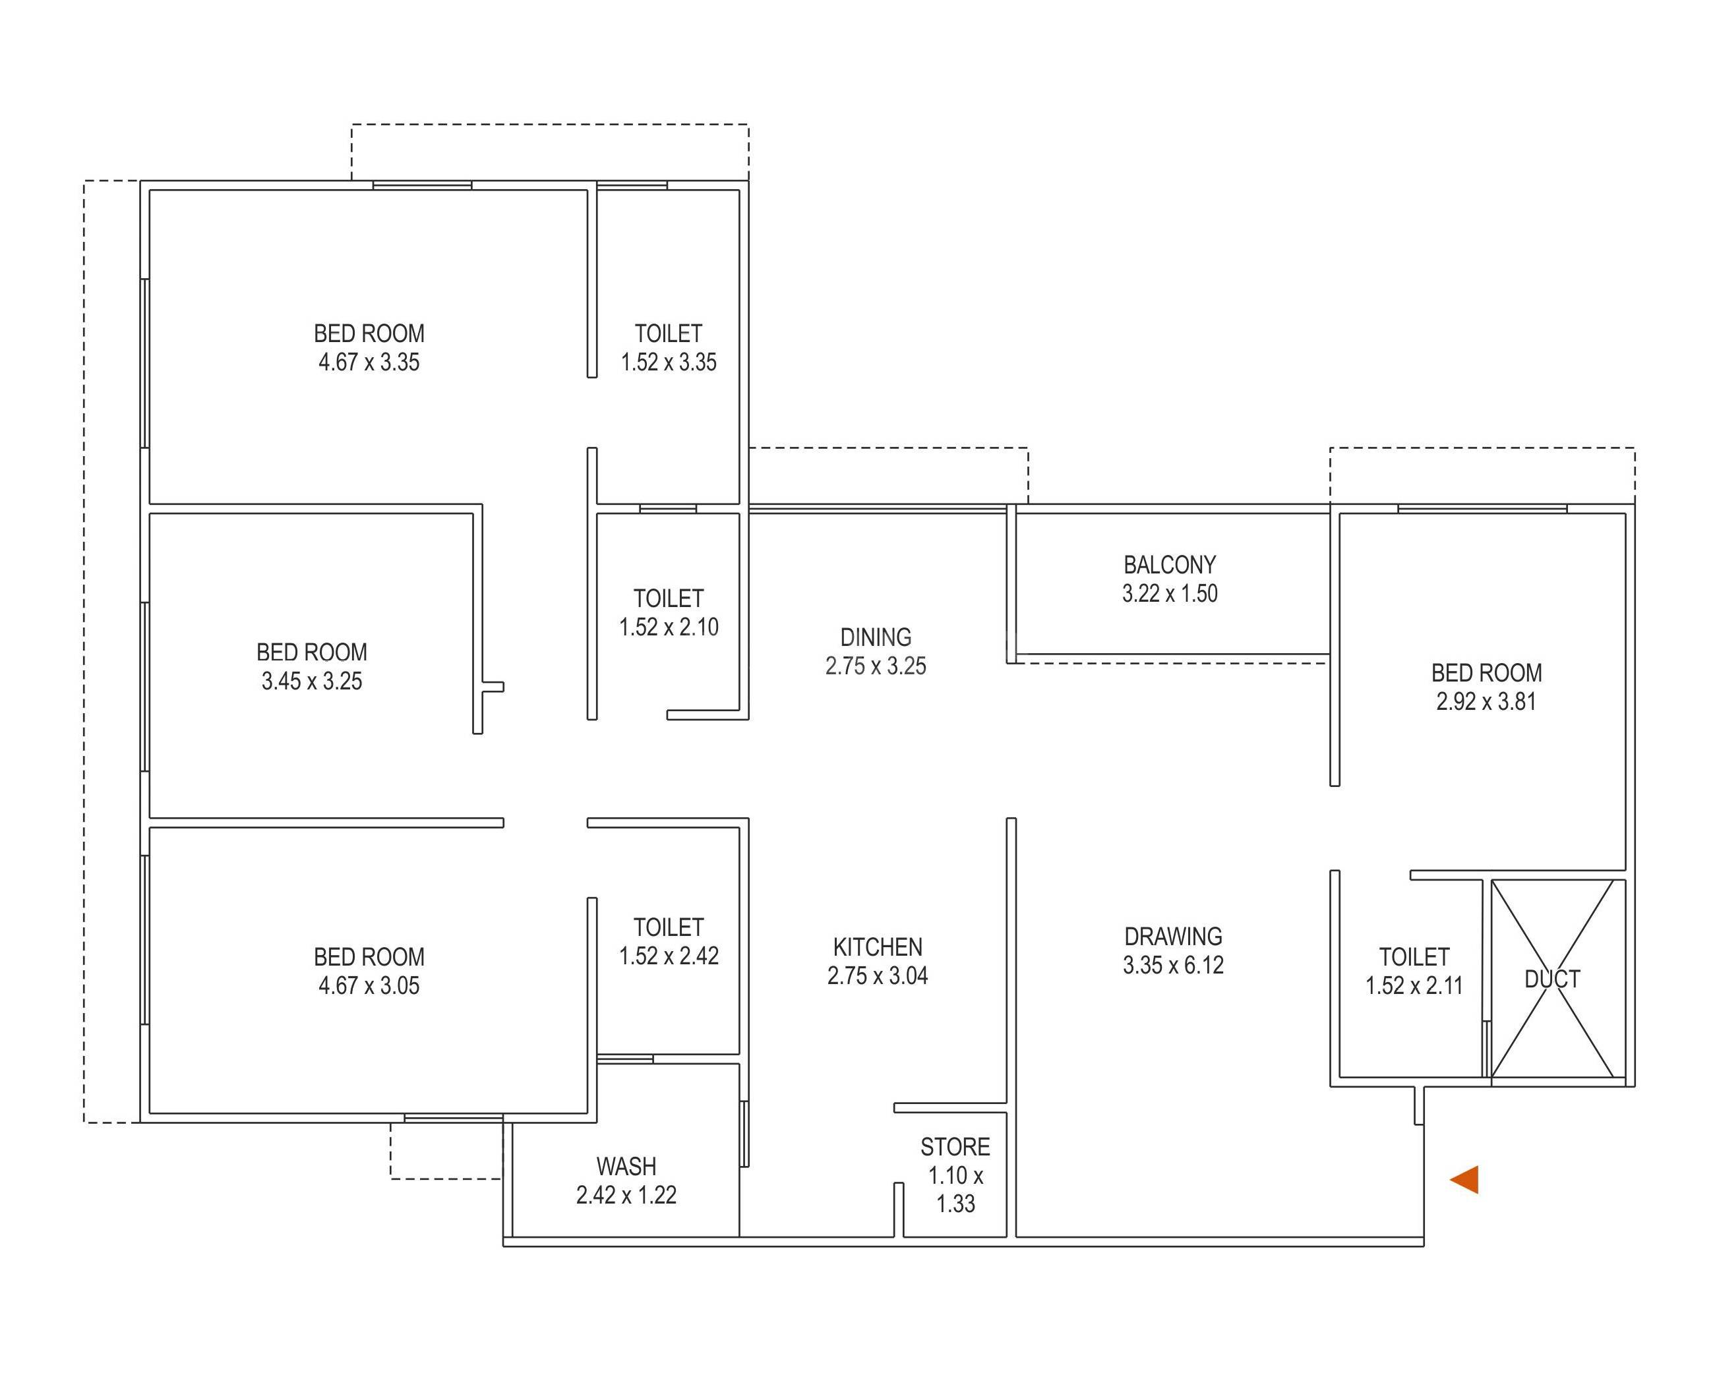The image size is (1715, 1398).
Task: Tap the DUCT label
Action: click(x=1551, y=979)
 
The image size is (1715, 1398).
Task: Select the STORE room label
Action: click(x=955, y=1147)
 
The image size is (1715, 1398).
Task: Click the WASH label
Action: click(x=626, y=1166)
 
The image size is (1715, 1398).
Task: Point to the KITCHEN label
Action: click(x=877, y=947)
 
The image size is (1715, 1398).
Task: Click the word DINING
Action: click(x=876, y=638)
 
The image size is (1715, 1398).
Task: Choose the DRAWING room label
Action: click(x=1173, y=937)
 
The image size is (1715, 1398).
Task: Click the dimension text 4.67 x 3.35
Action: click(x=369, y=363)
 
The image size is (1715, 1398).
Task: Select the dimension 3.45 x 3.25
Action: click(x=312, y=682)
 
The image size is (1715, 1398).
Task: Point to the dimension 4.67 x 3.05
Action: click(x=369, y=985)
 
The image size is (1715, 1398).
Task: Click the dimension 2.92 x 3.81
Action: click(x=1486, y=702)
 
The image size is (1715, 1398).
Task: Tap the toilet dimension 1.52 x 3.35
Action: click(x=669, y=363)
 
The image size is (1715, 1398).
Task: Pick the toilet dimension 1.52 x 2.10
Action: click(x=669, y=627)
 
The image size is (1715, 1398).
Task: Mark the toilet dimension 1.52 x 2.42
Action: click(x=669, y=956)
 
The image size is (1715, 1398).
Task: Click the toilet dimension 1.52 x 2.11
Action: click(x=1414, y=985)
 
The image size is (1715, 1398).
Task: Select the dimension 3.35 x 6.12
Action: click(x=1173, y=966)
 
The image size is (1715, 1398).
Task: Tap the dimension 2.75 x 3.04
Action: click(x=877, y=976)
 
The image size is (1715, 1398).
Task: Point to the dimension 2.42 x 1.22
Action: click(x=626, y=1195)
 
